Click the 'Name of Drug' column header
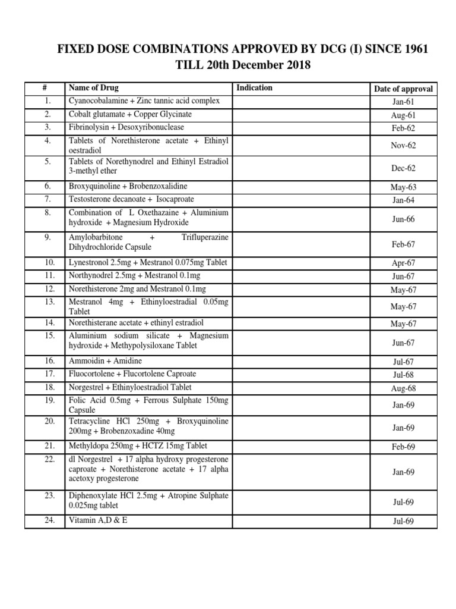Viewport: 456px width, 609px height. [94, 88]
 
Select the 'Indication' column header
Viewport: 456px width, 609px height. [254, 88]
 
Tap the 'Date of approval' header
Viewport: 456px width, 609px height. [403, 89]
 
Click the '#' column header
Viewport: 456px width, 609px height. [45, 88]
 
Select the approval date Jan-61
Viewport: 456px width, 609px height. [403, 102]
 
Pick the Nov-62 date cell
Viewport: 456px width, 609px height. [403, 145]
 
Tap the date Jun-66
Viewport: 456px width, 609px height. [403, 219]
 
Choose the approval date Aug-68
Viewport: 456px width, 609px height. [403, 388]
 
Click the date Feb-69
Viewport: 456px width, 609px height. [403, 447]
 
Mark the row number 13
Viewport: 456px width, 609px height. [45, 302]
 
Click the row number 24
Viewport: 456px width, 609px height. [45, 520]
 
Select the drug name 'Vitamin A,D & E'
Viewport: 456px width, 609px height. [98, 520]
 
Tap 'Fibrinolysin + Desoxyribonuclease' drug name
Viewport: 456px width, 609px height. [126, 127]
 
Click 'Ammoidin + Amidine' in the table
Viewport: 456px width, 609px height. [106, 361]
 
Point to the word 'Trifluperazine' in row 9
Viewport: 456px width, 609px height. [205, 237]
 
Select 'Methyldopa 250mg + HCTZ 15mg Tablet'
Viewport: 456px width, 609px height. [138, 446]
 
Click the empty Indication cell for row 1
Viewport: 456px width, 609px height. [300, 102]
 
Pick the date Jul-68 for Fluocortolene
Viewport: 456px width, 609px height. [403, 375]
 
